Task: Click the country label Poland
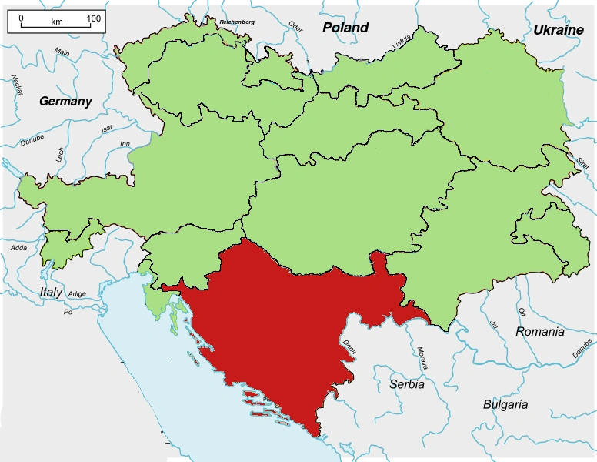click(345, 28)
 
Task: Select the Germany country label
click(65, 101)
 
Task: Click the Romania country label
click(540, 332)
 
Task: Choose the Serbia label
click(407, 384)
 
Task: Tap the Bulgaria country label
click(505, 404)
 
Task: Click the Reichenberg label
click(236, 22)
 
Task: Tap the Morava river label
click(421, 359)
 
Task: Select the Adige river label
click(77, 294)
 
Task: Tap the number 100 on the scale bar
click(93, 18)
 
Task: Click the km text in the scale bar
click(57, 22)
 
